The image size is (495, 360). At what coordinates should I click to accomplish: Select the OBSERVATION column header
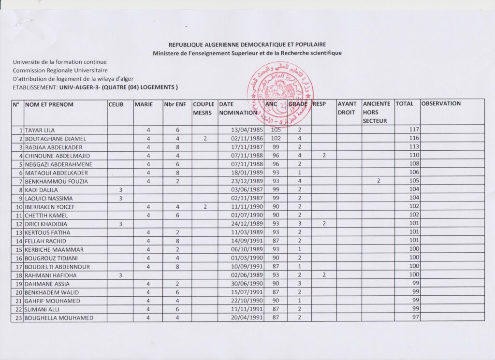[441, 103]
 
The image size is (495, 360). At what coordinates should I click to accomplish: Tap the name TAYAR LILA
[40, 130]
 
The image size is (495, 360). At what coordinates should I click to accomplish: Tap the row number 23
[18, 317]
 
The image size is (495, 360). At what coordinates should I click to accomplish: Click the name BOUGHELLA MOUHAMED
[58, 317]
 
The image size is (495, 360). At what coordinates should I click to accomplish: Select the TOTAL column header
[405, 103]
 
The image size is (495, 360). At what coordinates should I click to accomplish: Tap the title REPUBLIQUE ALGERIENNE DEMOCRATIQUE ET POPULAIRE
[247, 44]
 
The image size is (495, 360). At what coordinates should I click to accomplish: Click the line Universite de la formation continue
[60, 62]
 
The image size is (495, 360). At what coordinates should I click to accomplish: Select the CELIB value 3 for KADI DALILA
[120, 190]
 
